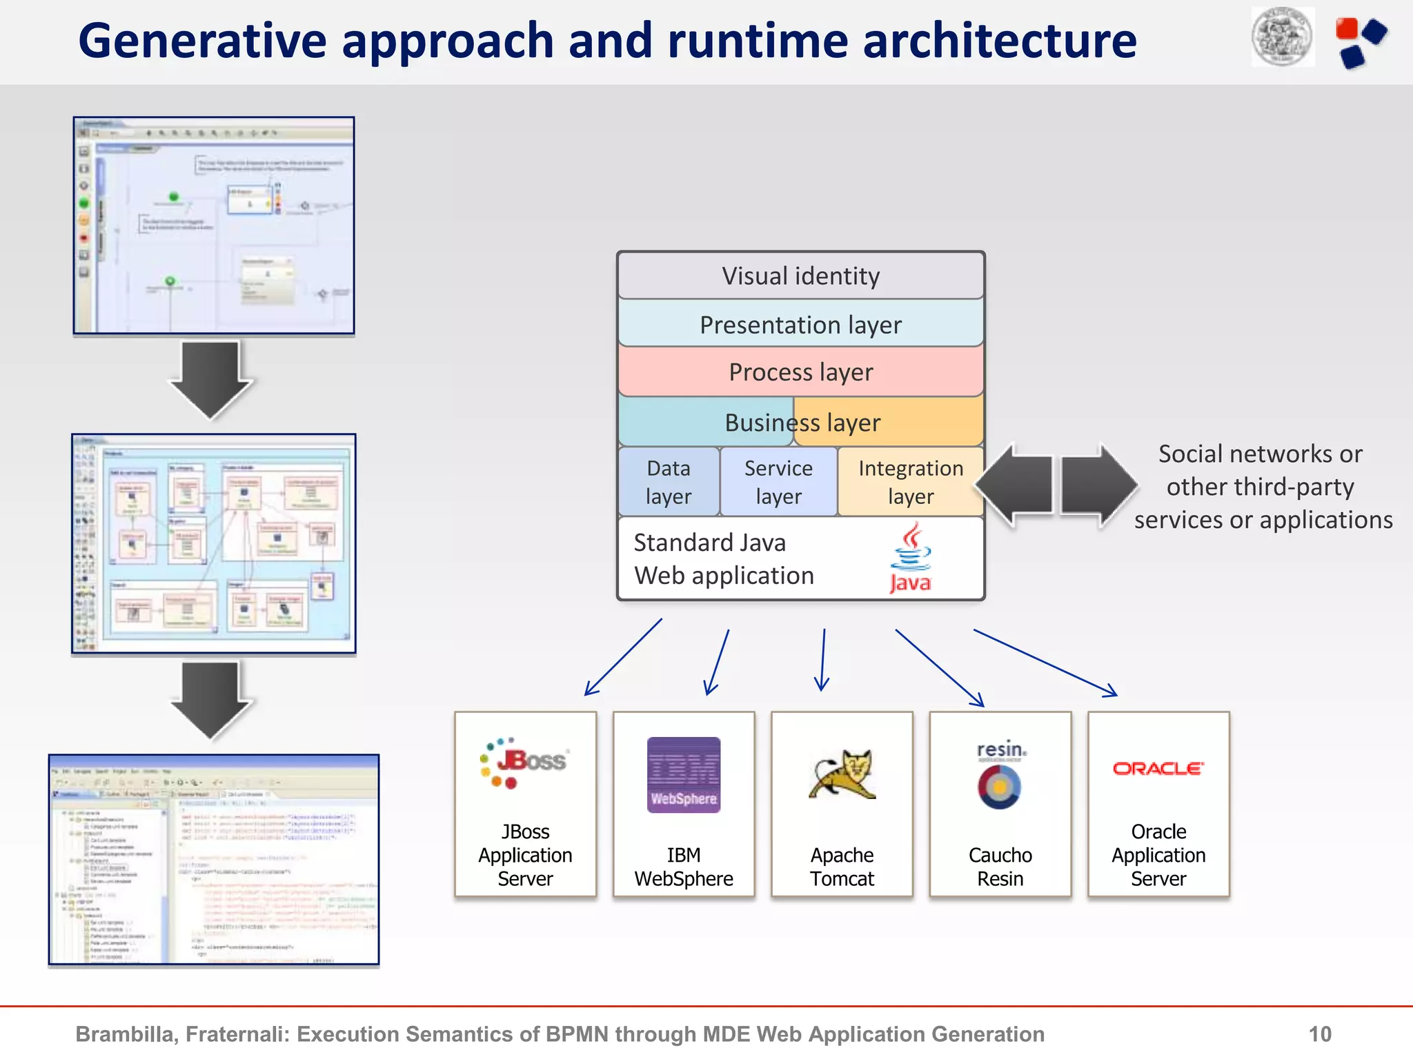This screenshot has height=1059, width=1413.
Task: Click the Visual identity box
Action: tap(800, 276)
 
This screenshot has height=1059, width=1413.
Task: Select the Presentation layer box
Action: tap(800, 324)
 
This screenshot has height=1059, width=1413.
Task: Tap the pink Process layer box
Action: tap(800, 372)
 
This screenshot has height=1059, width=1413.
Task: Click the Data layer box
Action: tap(668, 482)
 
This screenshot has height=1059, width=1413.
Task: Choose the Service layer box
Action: tap(778, 482)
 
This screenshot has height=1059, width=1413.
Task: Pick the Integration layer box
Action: tap(910, 482)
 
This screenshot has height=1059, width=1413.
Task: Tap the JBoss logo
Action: tap(524, 763)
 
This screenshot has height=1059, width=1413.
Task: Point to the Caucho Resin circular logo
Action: tap(1000, 786)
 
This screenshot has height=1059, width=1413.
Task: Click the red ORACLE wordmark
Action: tap(1158, 768)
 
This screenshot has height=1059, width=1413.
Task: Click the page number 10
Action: tap(1319, 1033)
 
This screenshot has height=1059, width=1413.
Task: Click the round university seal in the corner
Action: tap(1283, 37)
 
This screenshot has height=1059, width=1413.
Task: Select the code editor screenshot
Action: tap(214, 859)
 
